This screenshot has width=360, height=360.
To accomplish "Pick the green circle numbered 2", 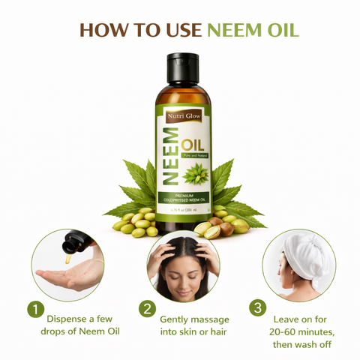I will pos(148,309).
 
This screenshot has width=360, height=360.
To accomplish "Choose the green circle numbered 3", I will pos(258,308).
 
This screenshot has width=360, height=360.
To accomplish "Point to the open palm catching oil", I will pos(67,278).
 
